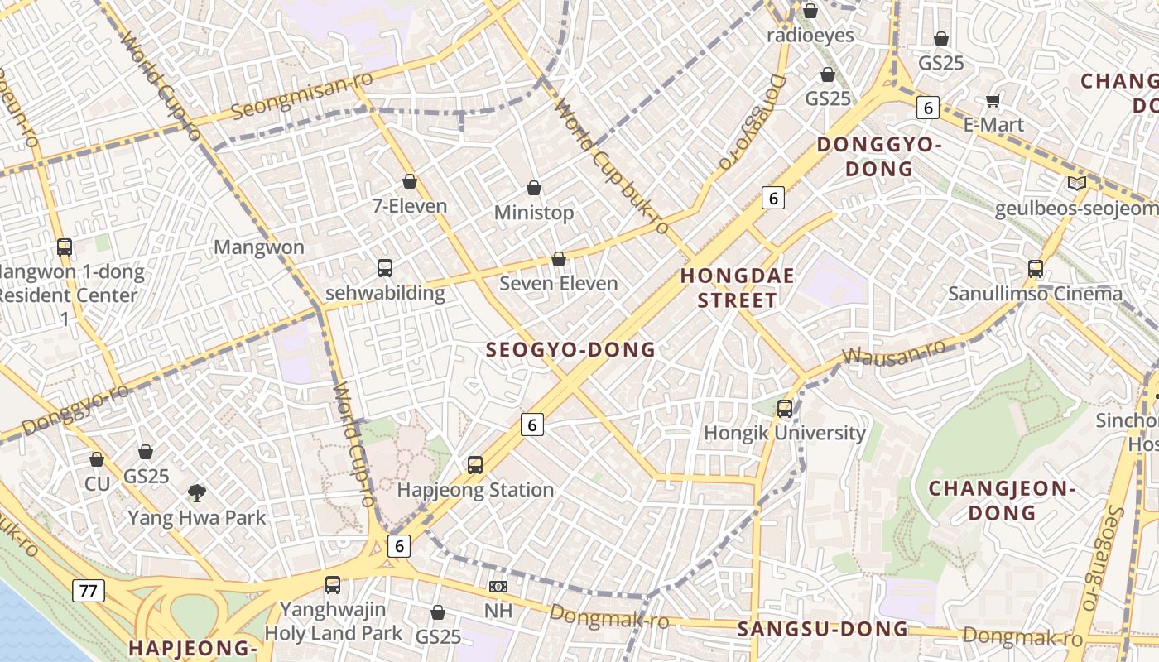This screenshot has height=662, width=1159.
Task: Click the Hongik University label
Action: (784, 433)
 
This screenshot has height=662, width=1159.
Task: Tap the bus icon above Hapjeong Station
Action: (475, 465)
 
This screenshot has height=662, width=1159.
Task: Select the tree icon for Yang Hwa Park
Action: (197, 494)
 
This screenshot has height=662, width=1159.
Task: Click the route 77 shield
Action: (88, 591)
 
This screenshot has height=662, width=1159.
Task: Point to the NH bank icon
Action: (498, 587)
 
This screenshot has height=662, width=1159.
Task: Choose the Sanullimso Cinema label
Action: (1035, 294)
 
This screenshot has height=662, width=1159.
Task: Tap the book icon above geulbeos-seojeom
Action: (1076, 184)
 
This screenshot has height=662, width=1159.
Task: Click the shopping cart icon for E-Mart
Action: (993, 101)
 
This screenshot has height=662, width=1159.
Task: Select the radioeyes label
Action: (810, 36)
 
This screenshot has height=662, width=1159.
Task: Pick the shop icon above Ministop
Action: (534, 189)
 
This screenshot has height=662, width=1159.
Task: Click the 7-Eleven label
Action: (409, 206)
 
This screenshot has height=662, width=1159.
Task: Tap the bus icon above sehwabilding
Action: (385, 268)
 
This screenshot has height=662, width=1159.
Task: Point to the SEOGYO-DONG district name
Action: (570, 350)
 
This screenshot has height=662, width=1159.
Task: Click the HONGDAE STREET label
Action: (737, 288)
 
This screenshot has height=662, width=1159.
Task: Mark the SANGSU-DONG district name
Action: (822, 629)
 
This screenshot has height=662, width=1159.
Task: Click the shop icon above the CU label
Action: (97, 459)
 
